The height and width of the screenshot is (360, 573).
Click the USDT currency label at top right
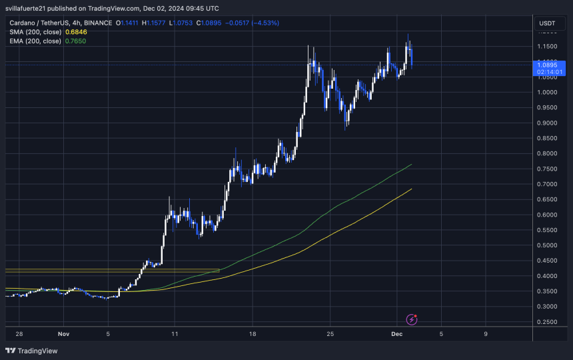[546, 23]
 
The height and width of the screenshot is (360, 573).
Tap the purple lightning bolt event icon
[411, 320]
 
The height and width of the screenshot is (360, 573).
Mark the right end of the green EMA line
[411, 164]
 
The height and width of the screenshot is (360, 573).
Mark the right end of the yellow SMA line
[411, 189]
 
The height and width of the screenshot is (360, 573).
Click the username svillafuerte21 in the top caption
[29, 9]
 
